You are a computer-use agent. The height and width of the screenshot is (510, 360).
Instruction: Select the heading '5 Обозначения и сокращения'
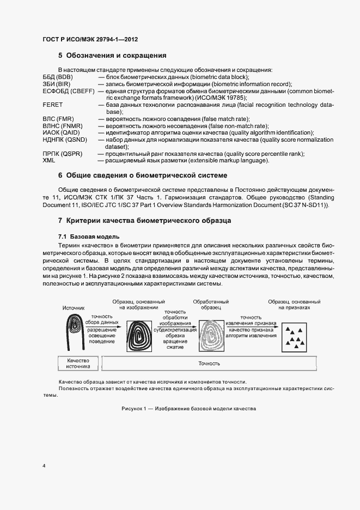tap(112, 56)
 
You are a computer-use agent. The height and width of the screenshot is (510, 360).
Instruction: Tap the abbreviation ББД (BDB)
tap(58, 77)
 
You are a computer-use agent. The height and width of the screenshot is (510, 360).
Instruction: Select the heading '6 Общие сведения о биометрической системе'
tap(142, 175)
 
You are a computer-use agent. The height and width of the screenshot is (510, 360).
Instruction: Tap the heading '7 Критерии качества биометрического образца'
tap(144, 221)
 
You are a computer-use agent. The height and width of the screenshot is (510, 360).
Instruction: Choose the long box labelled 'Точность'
tap(210, 363)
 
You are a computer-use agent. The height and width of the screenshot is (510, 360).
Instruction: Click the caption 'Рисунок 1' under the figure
tap(188, 409)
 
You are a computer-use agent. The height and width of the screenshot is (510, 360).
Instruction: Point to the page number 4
tap(44, 466)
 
